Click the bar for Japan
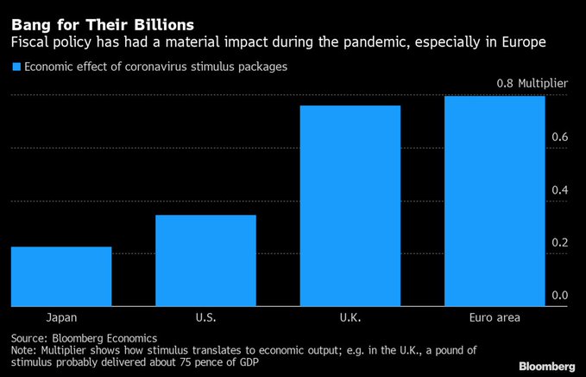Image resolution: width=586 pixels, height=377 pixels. coord(61,277)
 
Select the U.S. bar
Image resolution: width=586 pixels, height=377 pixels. coord(205,260)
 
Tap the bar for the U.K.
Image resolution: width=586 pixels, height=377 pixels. coord(350,206)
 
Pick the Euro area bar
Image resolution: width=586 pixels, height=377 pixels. coord(495,201)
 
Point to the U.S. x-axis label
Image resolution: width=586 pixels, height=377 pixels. coord(205,317)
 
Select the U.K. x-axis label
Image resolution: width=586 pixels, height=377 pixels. coord(350,317)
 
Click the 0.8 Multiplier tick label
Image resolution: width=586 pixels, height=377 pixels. coord(532,84)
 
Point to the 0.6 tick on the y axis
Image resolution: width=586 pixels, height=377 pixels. coord(559,137)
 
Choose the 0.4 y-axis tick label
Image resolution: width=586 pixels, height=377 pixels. coord(559,189)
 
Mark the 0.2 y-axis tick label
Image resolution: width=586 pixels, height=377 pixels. coord(559,242)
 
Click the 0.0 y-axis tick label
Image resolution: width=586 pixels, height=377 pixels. coord(559,295)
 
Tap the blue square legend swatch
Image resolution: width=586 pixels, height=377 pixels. coord(15,67)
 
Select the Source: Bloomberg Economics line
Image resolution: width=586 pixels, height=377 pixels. coord(84,338)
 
